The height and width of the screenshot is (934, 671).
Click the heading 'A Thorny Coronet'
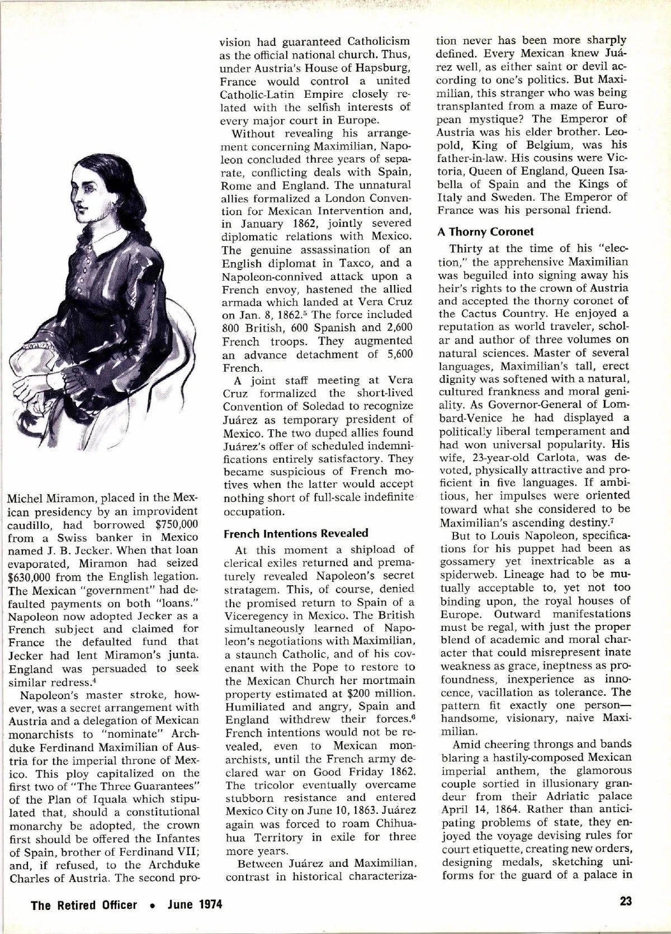tap(485, 231)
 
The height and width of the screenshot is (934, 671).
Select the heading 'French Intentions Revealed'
tap(296, 533)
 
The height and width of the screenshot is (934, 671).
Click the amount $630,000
tap(35, 576)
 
